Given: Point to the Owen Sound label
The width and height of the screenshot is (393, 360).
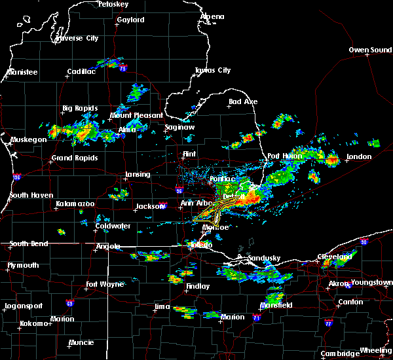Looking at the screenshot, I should click(369, 50).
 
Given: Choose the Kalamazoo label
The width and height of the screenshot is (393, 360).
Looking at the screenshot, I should click(75, 204).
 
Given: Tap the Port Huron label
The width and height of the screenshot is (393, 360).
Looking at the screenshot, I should click(283, 156).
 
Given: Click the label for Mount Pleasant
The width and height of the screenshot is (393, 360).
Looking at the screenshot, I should click(136, 115).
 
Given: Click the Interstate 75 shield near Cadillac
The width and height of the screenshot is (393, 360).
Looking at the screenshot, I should click(122, 68).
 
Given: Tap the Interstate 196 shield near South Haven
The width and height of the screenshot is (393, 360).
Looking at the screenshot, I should click(16, 177).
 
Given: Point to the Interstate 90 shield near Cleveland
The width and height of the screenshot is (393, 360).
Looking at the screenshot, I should click(364, 242).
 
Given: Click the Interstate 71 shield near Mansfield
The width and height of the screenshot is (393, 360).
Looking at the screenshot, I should click(257, 317).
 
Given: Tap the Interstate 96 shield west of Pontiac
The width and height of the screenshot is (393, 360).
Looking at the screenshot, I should click(179, 191).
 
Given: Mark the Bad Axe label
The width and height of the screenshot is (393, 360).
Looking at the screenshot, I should click(243, 102).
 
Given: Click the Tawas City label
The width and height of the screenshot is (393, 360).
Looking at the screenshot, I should click(213, 71).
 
